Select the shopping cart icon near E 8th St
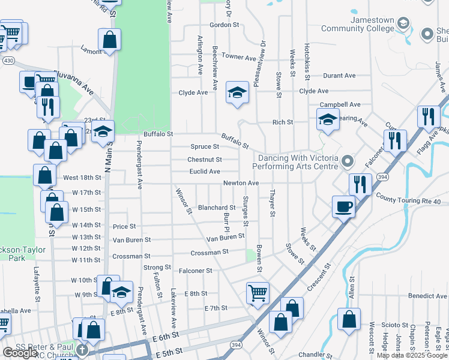coord(258,293)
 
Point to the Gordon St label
coord(224,25)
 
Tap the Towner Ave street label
coord(239,57)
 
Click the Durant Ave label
coord(340,76)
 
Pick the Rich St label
coord(282,122)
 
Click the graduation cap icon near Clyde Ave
coord(238,92)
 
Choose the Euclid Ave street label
coord(205,172)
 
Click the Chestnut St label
coord(205,160)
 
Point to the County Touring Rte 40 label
coord(411,197)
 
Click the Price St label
coord(124,227)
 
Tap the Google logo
coord(20,353)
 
